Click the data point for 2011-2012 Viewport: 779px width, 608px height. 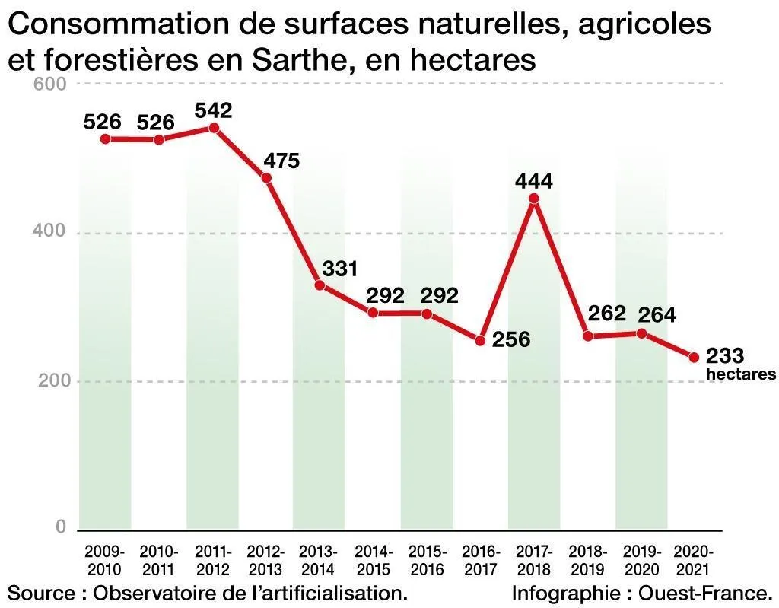(x=214, y=128)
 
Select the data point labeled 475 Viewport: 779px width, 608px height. (x=266, y=178)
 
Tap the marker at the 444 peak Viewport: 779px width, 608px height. (x=533, y=199)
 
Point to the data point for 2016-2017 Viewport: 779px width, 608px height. (x=480, y=340)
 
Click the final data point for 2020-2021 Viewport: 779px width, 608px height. (x=694, y=357)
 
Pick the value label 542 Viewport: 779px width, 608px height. (x=213, y=110)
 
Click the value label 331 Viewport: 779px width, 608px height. (x=339, y=269)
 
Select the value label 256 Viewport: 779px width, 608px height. (x=510, y=339)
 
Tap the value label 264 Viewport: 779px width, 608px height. (x=657, y=314)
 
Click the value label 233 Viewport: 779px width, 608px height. (x=725, y=355)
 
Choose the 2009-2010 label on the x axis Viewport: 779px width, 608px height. (x=104, y=560)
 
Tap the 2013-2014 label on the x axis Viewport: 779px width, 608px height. (x=319, y=560)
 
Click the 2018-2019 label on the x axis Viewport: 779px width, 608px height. (x=587, y=560)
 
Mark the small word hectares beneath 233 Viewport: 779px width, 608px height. (x=741, y=374)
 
